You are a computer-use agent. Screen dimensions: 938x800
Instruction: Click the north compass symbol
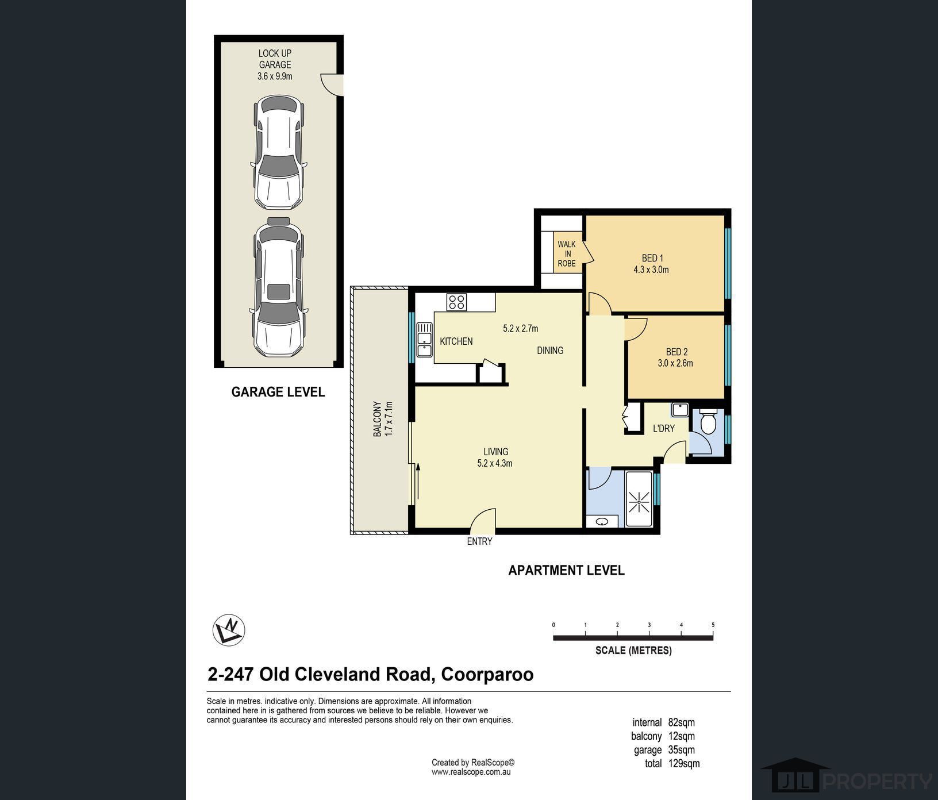[229, 630]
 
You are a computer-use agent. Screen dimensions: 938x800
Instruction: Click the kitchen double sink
[425, 340]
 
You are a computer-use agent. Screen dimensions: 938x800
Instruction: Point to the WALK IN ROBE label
[566, 254]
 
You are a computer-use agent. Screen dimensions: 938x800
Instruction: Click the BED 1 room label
[652, 258]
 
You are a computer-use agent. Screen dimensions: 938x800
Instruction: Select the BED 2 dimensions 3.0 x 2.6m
[675, 363]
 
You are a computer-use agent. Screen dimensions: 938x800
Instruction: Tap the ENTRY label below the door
[479, 541]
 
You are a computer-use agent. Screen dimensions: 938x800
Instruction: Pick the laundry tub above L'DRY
[680, 410]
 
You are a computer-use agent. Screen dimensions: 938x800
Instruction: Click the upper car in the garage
[279, 152]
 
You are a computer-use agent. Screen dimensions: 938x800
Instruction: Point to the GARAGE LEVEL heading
[278, 392]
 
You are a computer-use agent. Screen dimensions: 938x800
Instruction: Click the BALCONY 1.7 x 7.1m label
[383, 418]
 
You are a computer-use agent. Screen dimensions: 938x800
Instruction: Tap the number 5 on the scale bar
[713, 625]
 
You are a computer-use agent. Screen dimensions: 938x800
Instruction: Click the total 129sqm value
[684, 764]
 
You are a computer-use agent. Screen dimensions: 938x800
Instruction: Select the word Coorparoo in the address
[487, 674]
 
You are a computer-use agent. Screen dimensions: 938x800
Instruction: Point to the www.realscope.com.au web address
[471, 772]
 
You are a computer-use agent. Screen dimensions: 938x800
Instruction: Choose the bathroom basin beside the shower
[602, 522]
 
